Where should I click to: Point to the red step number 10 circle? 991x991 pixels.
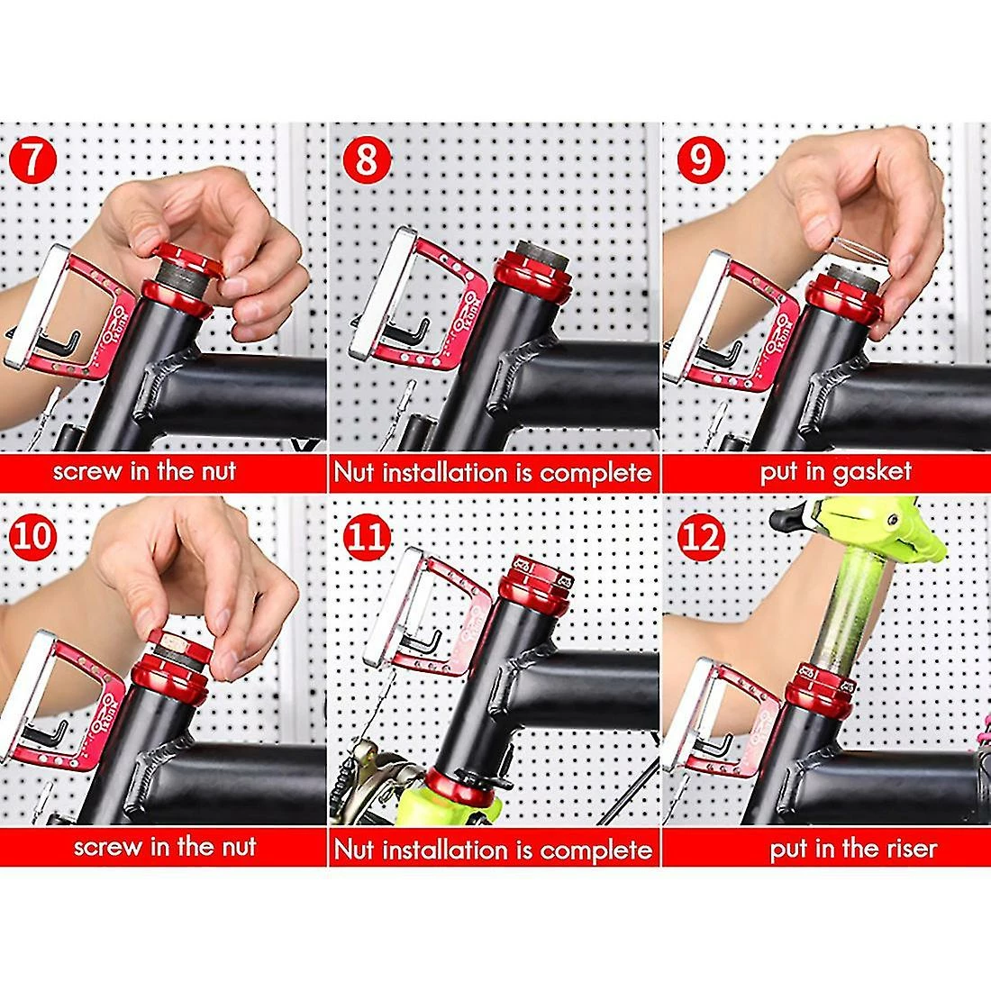(x=32, y=536)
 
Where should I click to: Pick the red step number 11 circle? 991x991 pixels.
(x=367, y=536)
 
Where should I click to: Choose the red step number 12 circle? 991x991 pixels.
(x=700, y=536)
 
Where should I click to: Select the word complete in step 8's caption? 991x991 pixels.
(x=596, y=473)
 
